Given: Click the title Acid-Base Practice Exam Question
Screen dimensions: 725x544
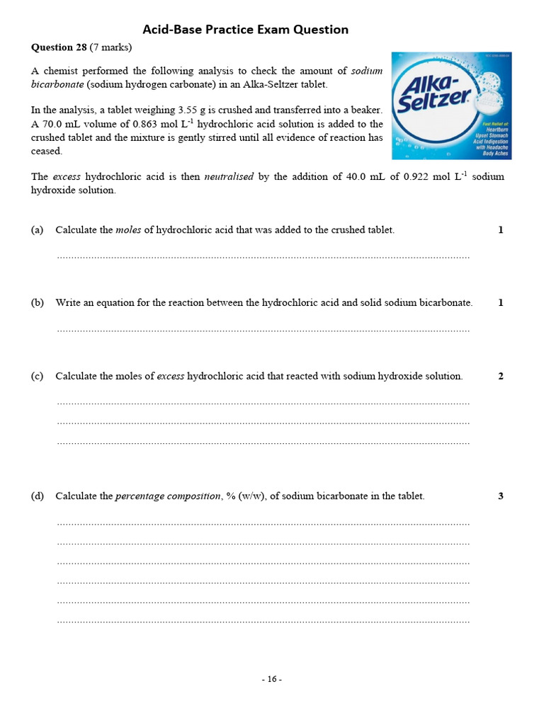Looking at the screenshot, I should (245, 30).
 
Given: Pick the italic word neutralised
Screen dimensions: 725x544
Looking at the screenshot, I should (229, 176).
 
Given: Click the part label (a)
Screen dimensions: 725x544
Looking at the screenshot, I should (37, 230).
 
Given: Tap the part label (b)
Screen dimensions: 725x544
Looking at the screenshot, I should (37, 303).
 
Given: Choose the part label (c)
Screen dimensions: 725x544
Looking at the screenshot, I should (37, 377).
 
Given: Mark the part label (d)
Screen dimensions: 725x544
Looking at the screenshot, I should (37, 496).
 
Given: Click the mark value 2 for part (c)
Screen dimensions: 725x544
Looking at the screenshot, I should (501, 377).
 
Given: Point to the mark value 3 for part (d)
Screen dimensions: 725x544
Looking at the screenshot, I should (501, 496).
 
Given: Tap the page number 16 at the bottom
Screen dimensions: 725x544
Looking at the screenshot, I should (272, 679).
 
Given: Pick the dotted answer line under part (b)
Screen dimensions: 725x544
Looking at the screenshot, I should (263, 330).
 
